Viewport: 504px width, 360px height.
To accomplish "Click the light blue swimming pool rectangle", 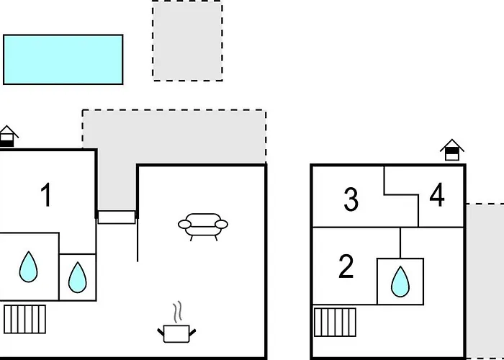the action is [x=63, y=60].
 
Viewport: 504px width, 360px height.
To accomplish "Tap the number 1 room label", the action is [x=46, y=195].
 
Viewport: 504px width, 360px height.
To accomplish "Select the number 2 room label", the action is [x=346, y=266].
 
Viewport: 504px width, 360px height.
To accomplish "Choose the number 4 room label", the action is [x=437, y=194].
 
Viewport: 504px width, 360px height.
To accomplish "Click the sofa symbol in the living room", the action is [x=203, y=227].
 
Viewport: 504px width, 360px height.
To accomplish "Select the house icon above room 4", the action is [x=452, y=150].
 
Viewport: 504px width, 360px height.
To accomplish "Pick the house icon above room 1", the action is [x=8, y=136].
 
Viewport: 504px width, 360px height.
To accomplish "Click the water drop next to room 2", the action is [x=400, y=282].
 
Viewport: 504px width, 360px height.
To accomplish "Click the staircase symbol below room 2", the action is [x=335, y=323].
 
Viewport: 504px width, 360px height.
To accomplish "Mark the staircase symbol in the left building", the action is [x=24, y=319].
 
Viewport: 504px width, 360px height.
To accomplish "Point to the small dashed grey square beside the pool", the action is [x=187, y=40].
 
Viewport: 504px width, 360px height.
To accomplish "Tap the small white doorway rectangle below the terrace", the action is [x=117, y=217].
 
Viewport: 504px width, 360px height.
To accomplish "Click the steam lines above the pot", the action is [x=177, y=312].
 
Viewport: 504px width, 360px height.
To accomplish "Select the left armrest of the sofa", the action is [x=184, y=225].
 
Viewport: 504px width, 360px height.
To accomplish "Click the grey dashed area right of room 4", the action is [x=485, y=281].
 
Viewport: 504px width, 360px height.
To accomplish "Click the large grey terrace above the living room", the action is [x=174, y=137].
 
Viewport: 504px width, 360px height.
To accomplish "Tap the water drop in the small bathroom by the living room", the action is [x=78, y=277].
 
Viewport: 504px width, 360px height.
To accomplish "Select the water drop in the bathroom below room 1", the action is [x=28, y=267].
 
